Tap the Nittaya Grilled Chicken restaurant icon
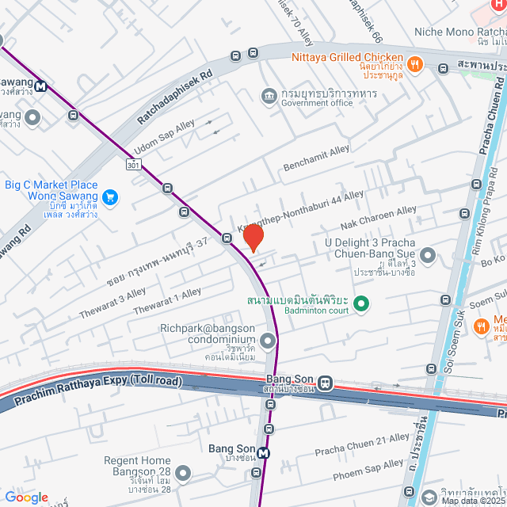(414, 63)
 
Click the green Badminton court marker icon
(361, 303)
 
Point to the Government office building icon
(269, 97)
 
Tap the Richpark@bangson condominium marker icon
(269, 341)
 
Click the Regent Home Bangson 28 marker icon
(184, 474)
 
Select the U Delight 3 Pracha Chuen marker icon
(428, 255)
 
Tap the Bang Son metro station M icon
(264, 454)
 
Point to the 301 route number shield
(133, 164)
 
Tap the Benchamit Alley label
(317, 157)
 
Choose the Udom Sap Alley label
(163, 135)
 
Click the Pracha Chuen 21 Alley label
(362, 444)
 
